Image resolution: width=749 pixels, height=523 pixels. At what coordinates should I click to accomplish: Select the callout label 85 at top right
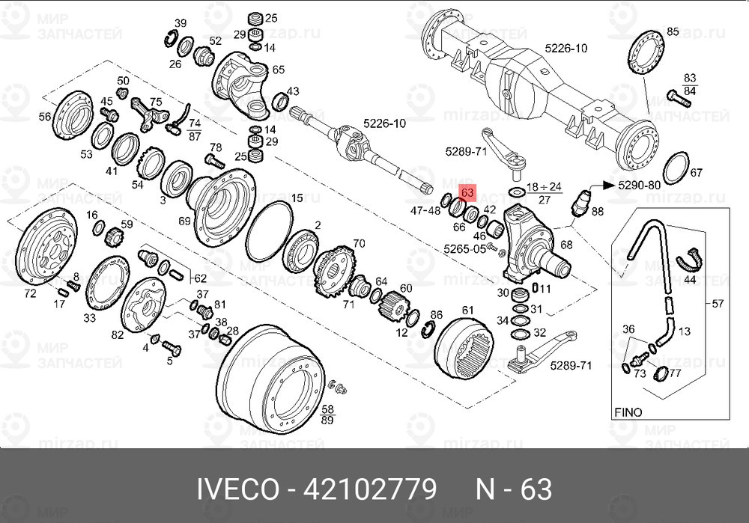tap(672, 31)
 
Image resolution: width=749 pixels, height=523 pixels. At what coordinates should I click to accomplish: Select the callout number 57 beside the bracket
tap(718, 304)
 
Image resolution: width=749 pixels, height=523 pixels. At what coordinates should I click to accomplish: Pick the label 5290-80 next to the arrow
tap(638, 184)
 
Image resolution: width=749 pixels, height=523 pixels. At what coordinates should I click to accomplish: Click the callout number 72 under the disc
tap(30, 294)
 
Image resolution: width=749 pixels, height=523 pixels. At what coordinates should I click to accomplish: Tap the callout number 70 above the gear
tap(359, 243)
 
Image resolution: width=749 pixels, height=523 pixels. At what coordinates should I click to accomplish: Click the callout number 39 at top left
tap(181, 23)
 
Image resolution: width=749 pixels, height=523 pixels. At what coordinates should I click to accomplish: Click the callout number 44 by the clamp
tap(688, 278)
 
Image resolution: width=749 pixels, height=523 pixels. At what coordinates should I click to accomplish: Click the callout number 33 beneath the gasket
tap(89, 317)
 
